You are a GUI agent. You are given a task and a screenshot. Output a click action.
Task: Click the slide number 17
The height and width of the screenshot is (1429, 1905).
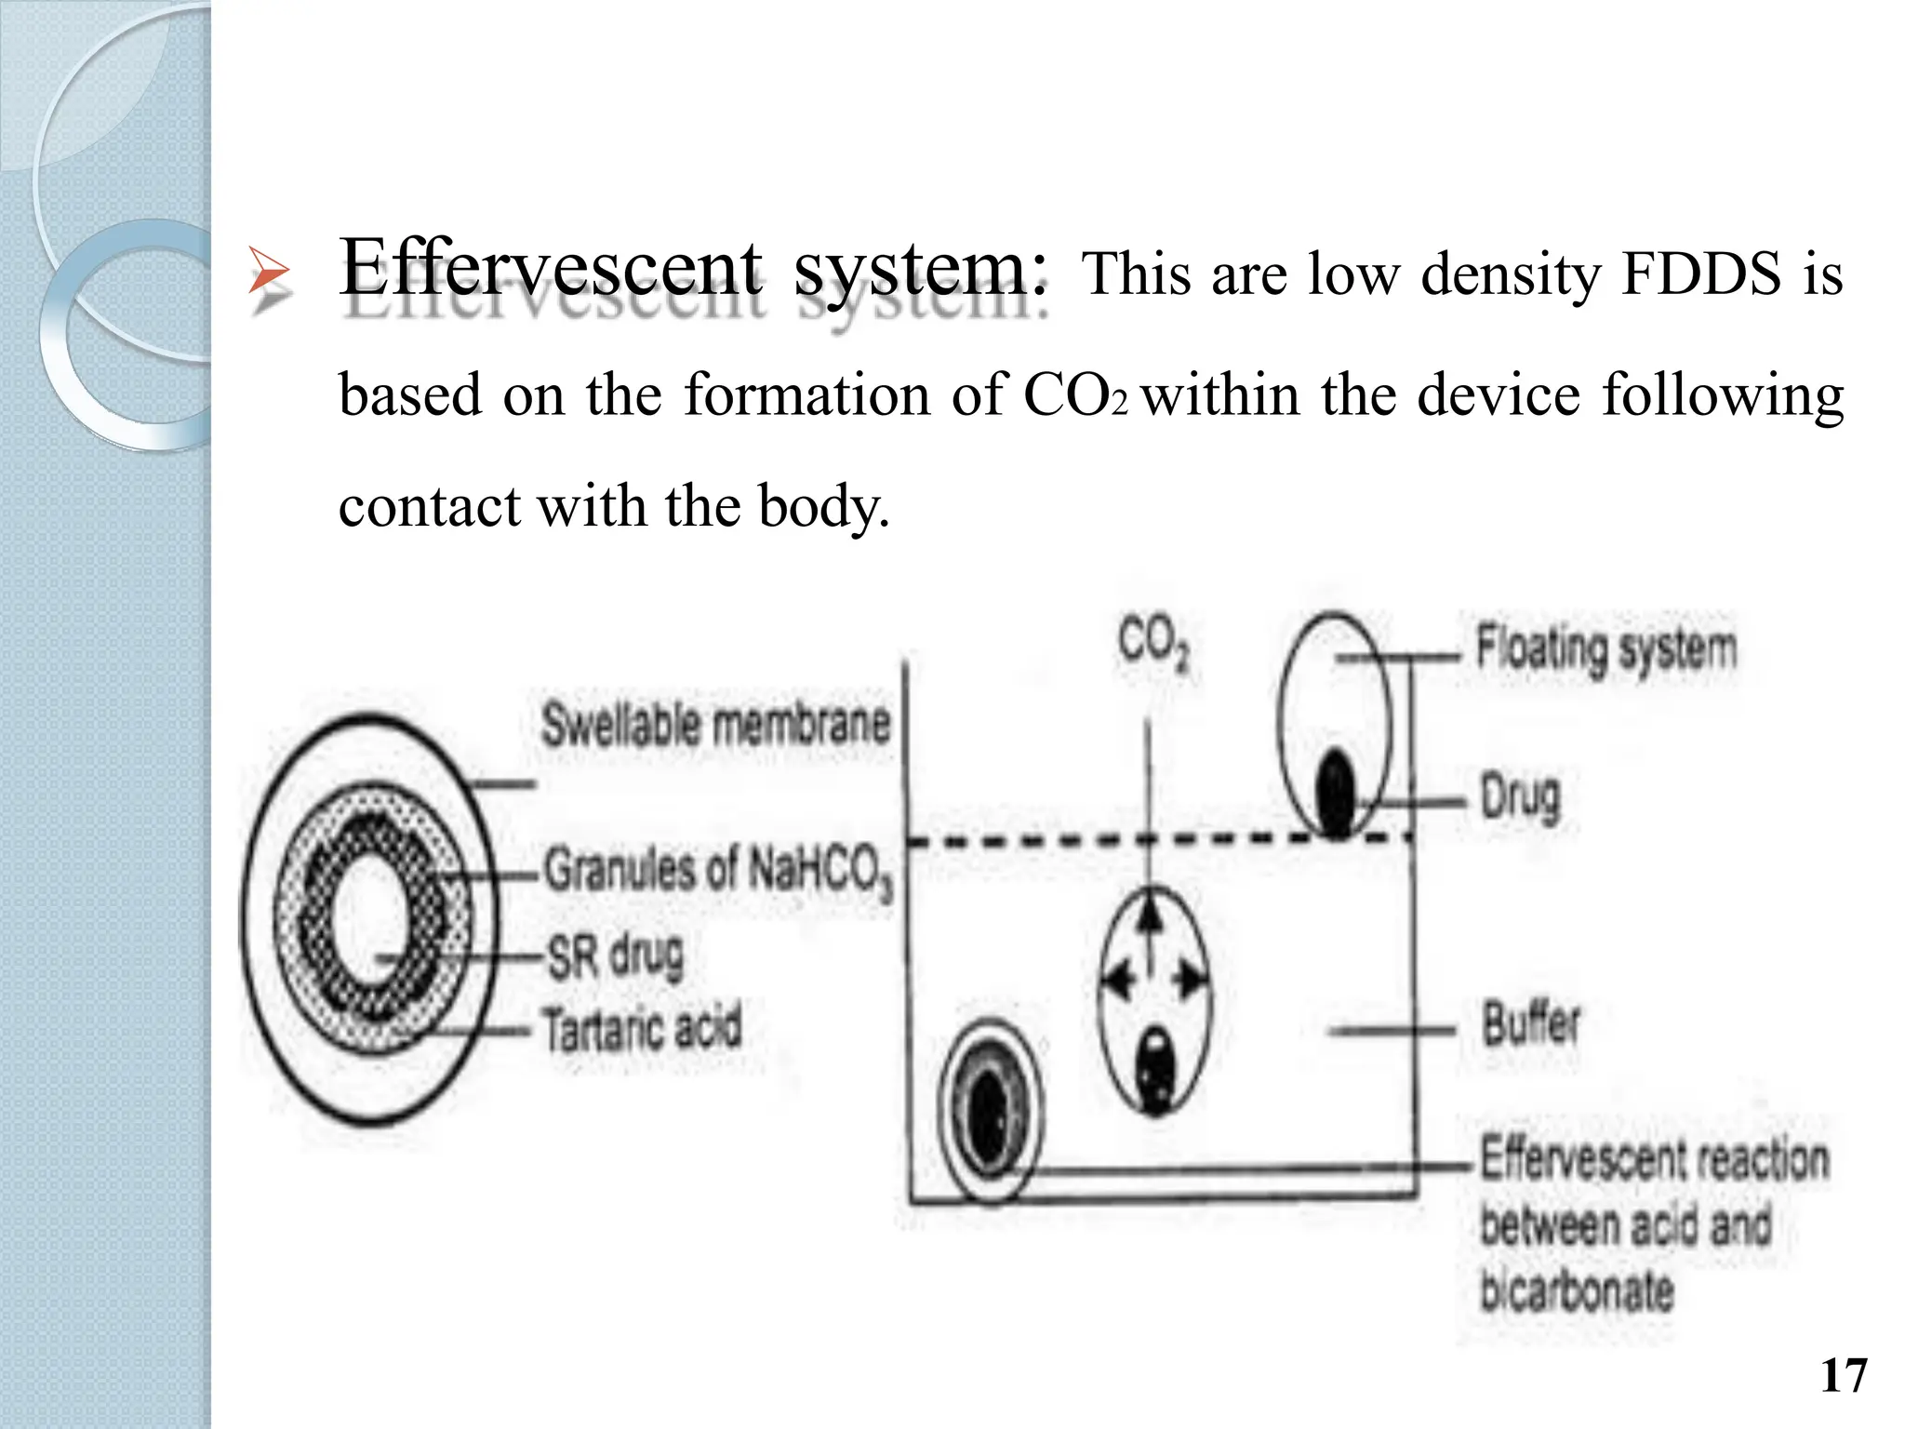coord(1843,1375)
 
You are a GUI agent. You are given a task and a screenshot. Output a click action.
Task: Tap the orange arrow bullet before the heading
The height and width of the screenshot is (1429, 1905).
coord(270,275)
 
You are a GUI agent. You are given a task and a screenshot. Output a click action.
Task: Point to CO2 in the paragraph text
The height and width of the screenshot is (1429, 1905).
coord(1075,394)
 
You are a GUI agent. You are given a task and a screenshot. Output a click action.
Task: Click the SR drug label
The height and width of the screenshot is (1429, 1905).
coord(616,955)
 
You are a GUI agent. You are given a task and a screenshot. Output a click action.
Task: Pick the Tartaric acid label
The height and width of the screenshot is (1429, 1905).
coord(643,1029)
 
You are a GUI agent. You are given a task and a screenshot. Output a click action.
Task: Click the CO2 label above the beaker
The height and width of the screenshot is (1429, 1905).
coord(1153,643)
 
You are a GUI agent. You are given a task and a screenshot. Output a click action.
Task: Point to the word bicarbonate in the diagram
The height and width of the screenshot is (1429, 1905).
coord(1577,1290)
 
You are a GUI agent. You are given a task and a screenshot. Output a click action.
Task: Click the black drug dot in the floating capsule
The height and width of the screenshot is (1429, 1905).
coord(1337,793)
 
